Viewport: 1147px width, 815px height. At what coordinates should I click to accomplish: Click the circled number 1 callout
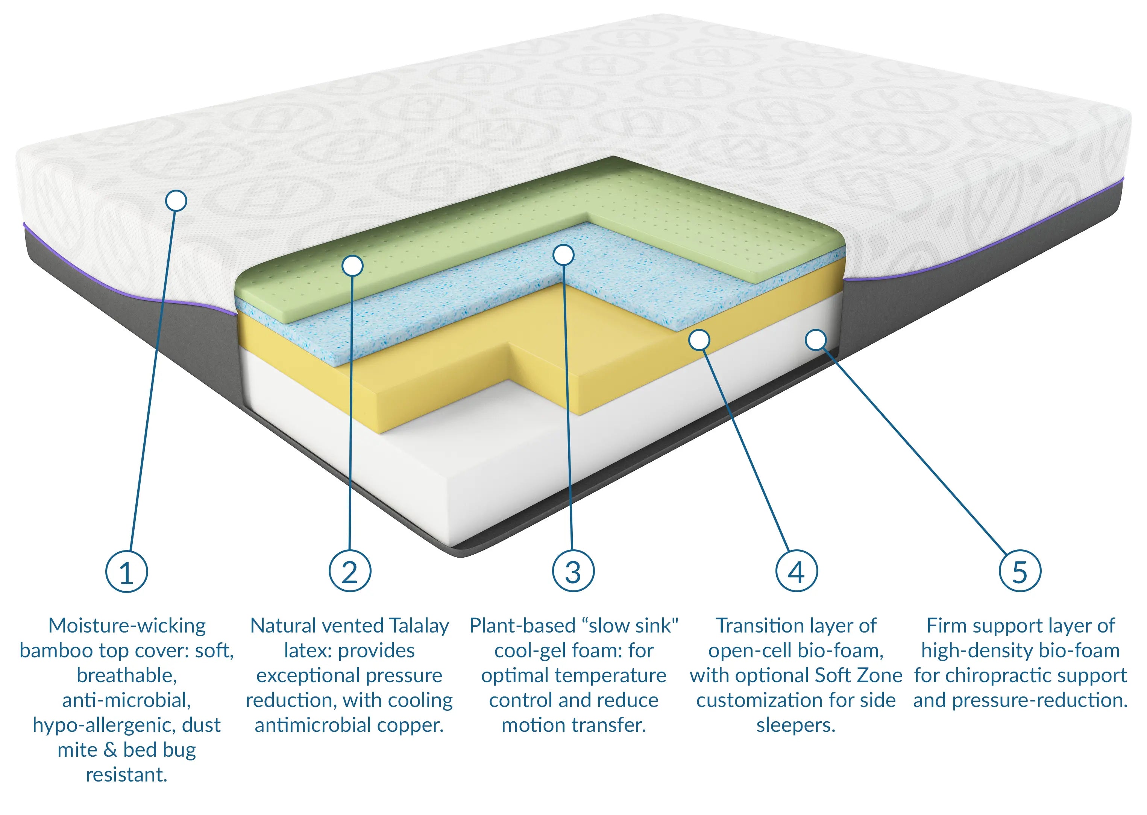click(x=126, y=572)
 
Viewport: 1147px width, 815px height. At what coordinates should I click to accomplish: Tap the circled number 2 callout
click(x=350, y=572)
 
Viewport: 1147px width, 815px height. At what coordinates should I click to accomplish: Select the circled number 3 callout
click(x=573, y=572)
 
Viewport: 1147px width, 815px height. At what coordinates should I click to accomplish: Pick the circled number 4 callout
click(x=797, y=572)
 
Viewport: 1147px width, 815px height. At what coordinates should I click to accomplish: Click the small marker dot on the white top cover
click(x=176, y=201)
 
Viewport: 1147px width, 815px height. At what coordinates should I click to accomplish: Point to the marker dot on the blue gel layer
click(x=563, y=255)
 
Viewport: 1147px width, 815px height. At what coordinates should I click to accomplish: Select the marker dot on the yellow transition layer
click(x=699, y=340)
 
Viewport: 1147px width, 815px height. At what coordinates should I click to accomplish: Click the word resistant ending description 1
click(x=126, y=775)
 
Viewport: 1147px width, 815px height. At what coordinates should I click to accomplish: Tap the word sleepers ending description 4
click(x=795, y=725)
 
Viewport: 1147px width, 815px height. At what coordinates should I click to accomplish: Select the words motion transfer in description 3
click(x=573, y=725)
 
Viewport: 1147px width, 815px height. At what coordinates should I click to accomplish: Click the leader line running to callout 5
click(x=918, y=452)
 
